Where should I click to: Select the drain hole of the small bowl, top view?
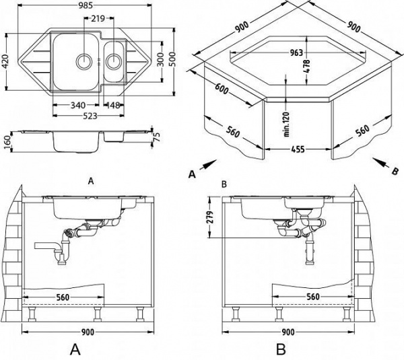(114, 61)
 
